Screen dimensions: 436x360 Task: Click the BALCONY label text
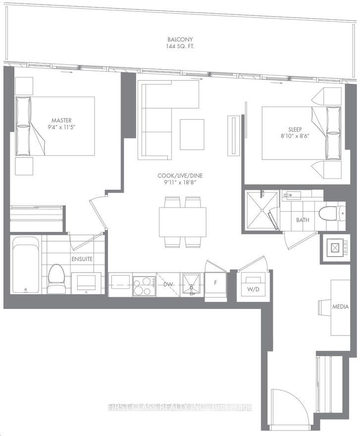point(180,39)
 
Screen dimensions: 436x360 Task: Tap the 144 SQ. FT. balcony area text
point(180,47)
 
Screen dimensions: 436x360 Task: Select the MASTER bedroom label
point(61,120)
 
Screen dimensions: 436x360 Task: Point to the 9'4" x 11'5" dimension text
point(61,127)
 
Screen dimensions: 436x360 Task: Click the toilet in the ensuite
point(55,277)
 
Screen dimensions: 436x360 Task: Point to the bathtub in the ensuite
point(25,265)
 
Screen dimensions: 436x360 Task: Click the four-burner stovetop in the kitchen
point(144,285)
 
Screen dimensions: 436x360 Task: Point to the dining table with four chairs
point(182,222)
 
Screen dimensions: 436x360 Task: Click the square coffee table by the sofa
point(192,134)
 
